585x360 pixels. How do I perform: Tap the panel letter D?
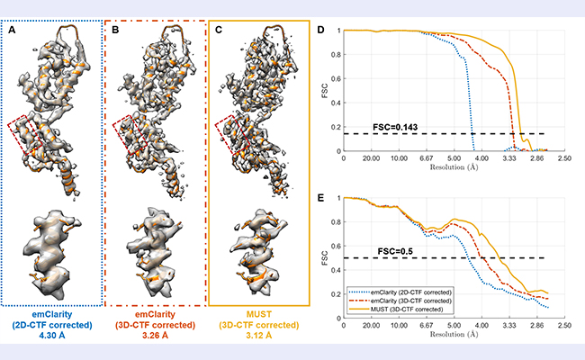324,30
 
